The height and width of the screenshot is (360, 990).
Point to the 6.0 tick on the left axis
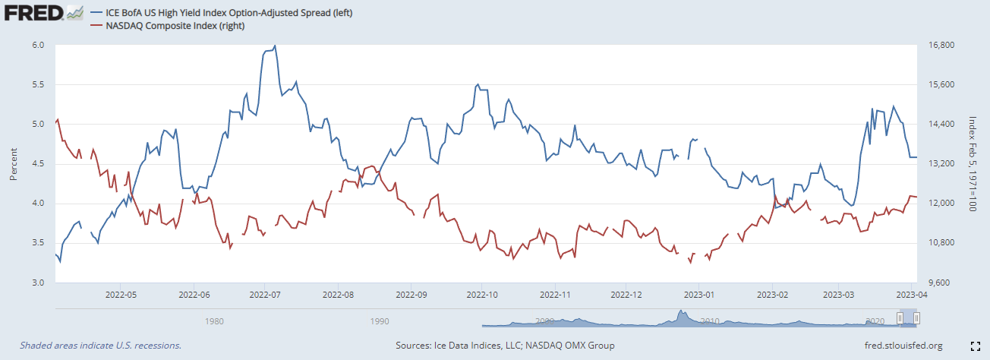tap(39, 46)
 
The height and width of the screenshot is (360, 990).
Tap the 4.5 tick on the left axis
tap(39, 164)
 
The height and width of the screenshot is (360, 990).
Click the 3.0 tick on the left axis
tap(39, 283)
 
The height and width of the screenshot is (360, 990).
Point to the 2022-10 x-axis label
tap(482, 294)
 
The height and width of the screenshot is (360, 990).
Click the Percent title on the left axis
tap(13, 163)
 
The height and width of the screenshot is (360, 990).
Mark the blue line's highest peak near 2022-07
tap(275, 46)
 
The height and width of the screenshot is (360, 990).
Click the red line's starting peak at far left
tap(58, 119)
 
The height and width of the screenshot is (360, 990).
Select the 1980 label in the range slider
tap(215, 321)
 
